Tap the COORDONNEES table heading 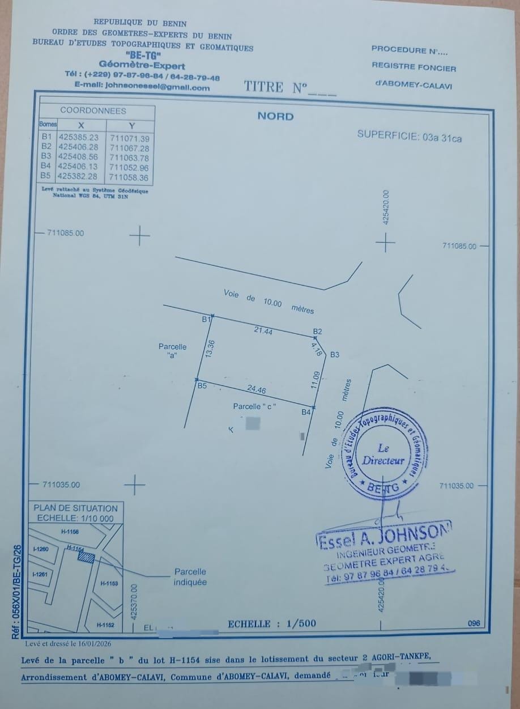coord(93,111)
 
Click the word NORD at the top coord(275,116)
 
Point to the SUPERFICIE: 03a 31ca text coord(409,136)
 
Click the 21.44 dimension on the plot coord(264,331)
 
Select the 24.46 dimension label coord(256,389)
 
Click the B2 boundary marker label coord(318,331)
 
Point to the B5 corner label coord(202,386)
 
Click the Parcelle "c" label coord(253,406)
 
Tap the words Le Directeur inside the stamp coord(383,455)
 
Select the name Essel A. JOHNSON coord(384,536)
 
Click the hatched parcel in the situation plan coord(86,558)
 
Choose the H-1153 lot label coord(109,583)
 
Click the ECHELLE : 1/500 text coord(271,624)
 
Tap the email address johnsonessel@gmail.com coord(142,87)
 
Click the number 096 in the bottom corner coord(474,623)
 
